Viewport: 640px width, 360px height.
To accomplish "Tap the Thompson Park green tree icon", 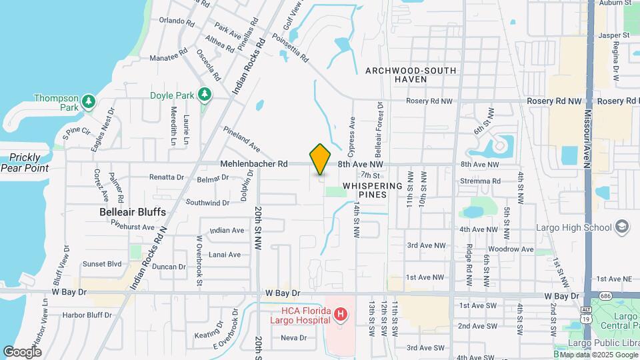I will (88, 101).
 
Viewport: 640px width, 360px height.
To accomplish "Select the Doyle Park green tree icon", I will (205, 95).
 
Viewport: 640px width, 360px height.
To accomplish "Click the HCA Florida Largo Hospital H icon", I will (340, 313).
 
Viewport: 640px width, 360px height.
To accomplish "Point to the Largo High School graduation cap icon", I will (621, 227).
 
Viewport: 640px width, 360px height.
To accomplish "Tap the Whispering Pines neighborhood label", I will (373, 190).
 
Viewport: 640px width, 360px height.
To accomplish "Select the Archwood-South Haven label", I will (411, 75).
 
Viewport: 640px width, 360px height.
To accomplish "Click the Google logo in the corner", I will (22, 351).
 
